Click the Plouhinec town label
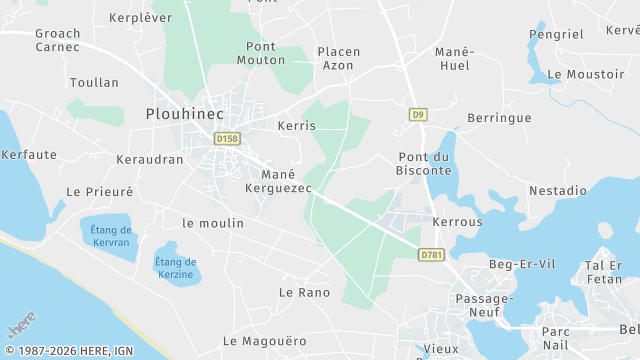[184, 114]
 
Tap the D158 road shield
[227, 138]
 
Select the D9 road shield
[418, 115]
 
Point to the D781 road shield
[431, 256]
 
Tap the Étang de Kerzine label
[176, 268]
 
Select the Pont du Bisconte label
[425, 163]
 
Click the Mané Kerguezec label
[279, 180]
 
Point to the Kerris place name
[296, 126]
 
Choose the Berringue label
[499, 118]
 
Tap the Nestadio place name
[558, 190]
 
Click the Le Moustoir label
[586, 74]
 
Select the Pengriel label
[556, 34]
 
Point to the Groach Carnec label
[58, 39]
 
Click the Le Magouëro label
[265, 341]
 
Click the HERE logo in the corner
[21, 328]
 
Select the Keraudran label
[150, 159]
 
